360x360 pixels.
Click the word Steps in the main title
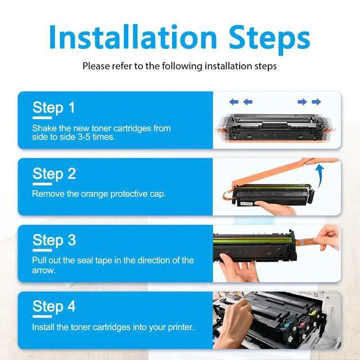click(x=269, y=39)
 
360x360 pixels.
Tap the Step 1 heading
click(x=54, y=107)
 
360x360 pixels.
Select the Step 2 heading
click(x=54, y=174)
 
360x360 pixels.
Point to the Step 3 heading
click(x=54, y=240)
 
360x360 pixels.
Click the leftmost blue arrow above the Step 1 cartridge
click(x=234, y=102)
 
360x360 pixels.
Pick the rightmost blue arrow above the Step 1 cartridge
click(x=316, y=102)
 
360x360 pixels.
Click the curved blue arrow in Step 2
click(x=319, y=175)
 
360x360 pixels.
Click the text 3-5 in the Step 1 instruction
click(x=84, y=137)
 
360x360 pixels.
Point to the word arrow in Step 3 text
click(x=43, y=271)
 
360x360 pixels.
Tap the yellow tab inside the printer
click(x=311, y=313)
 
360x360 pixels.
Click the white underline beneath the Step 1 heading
click(x=42, y=118)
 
